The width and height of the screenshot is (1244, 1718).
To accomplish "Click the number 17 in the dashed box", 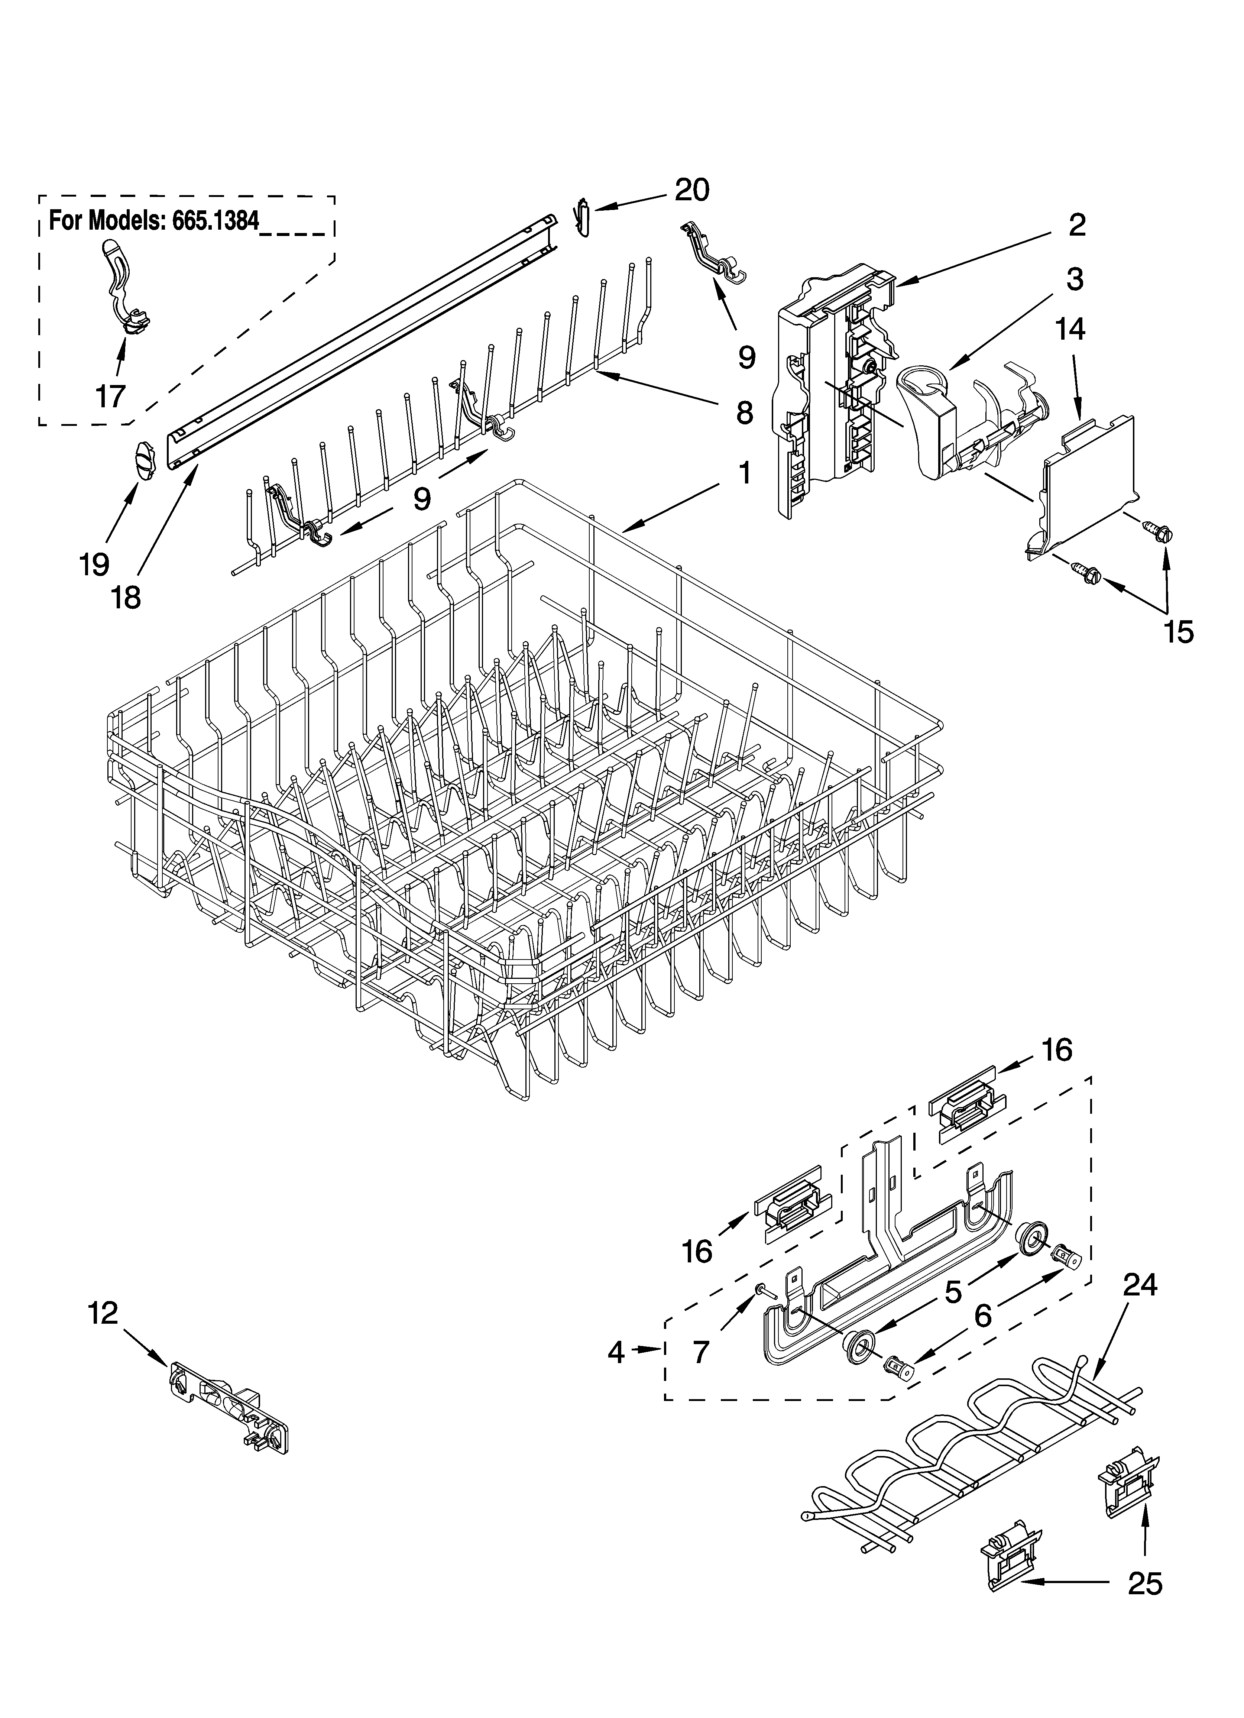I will point(111,395).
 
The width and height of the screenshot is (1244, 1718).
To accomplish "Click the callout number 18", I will point(126,598).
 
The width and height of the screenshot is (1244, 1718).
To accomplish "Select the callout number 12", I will point(103,1313).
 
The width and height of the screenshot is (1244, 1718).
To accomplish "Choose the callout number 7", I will point(701,1352).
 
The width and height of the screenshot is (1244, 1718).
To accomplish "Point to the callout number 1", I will point(745,473).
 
